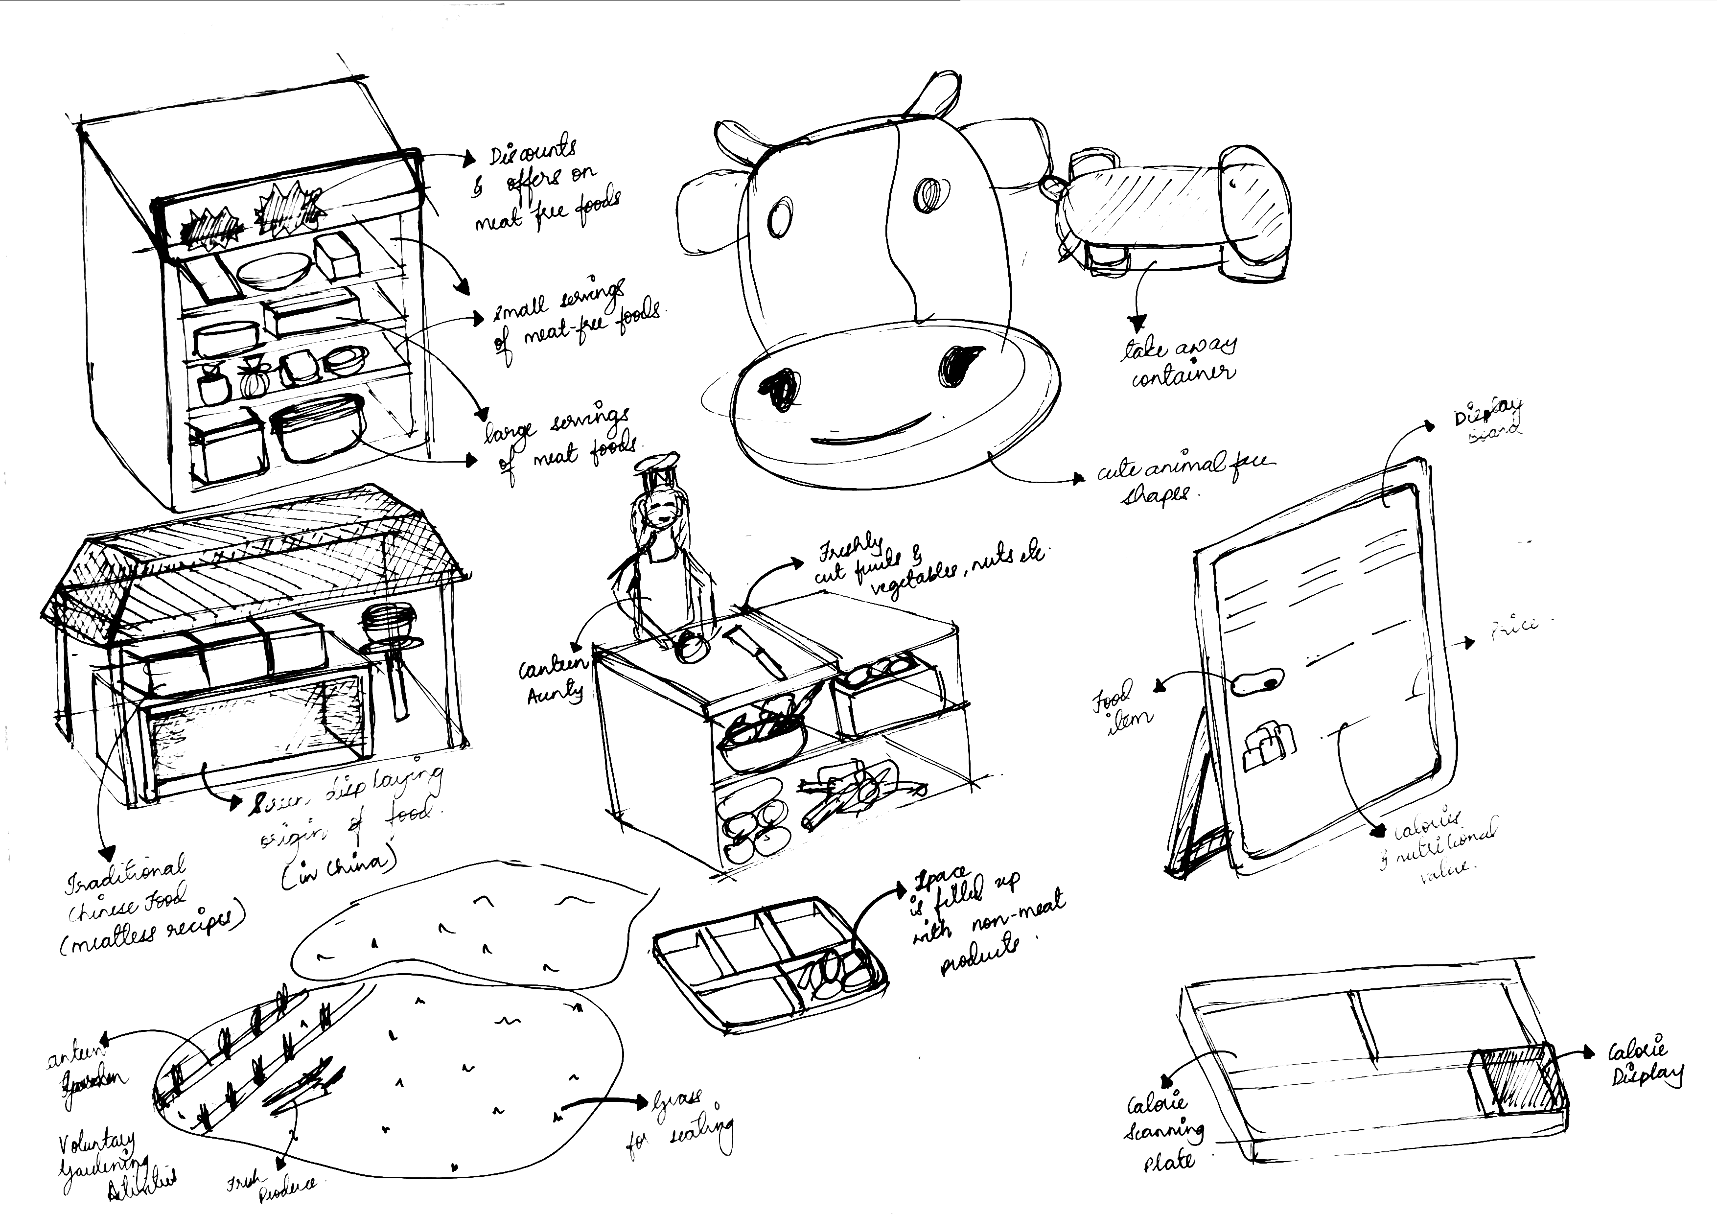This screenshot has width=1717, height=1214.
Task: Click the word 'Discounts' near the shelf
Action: [533, 151]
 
